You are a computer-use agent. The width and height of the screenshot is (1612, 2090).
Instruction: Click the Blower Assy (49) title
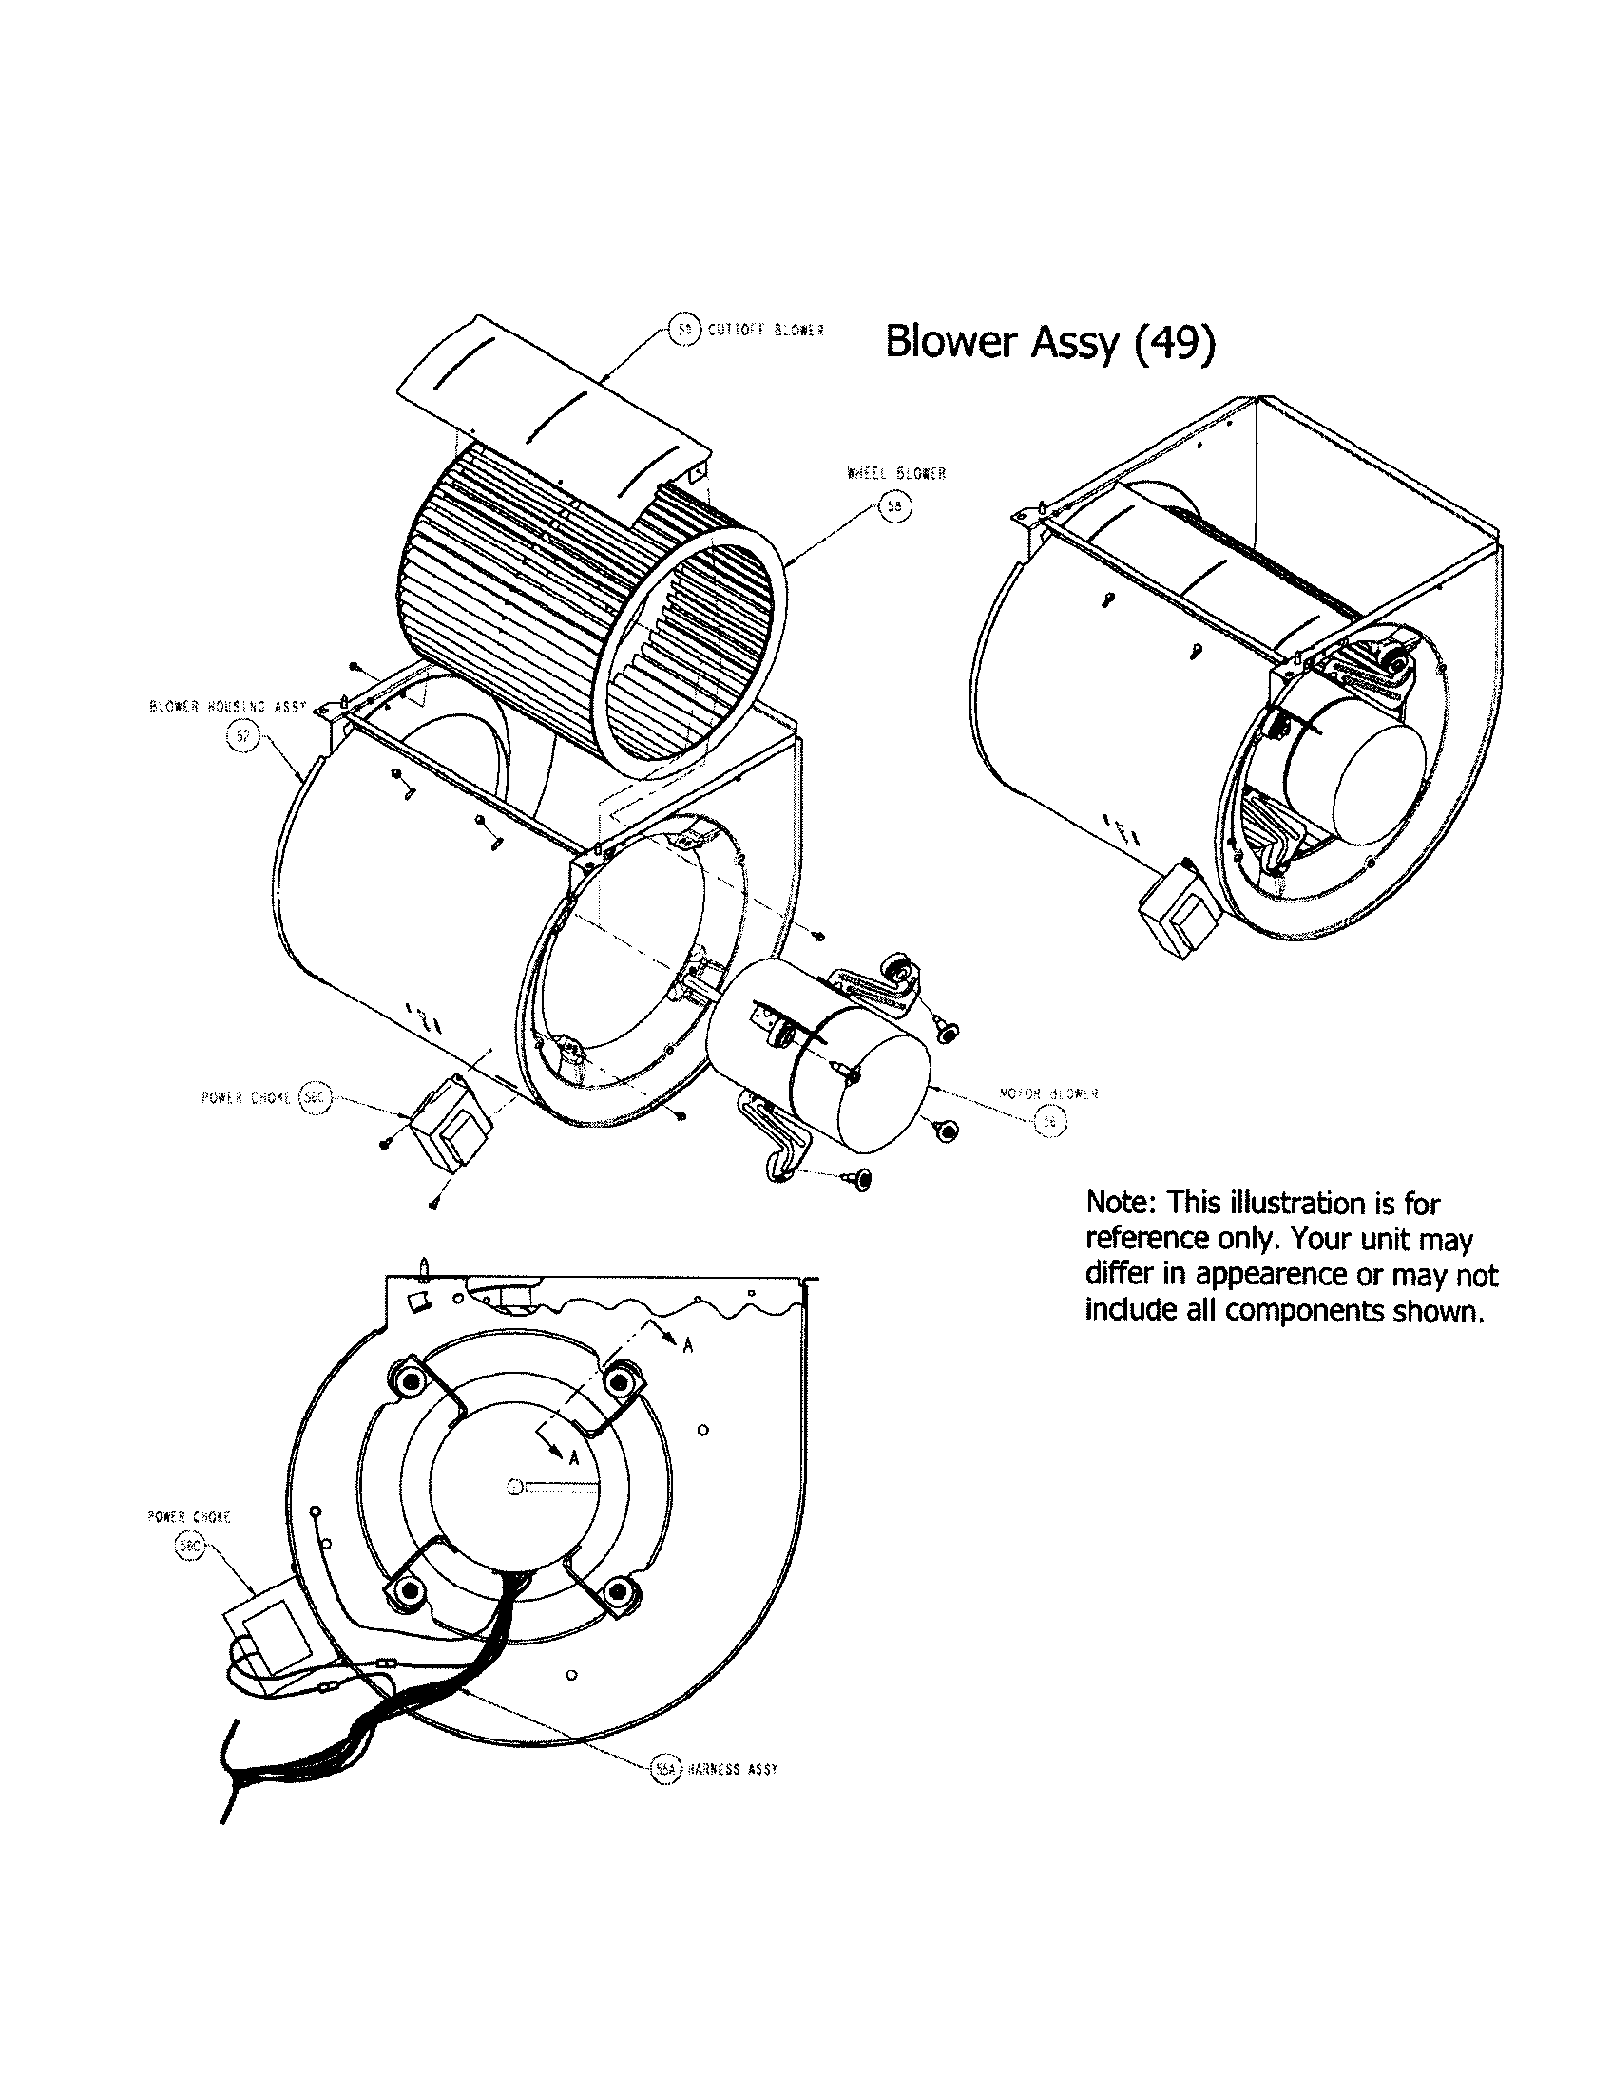(x=1050, y=342)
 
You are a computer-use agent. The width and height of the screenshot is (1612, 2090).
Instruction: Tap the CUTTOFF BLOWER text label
(x=766, y=330)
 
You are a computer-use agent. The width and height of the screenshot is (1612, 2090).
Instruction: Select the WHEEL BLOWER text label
(x=896, y=474)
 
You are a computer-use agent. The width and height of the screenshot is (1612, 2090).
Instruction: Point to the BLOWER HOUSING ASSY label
(x=227, y=707)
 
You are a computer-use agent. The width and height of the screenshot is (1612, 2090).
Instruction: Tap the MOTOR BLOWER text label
(x=1048, y=1092)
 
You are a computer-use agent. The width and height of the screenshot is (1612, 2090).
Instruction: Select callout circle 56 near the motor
(x=1050, y=1123)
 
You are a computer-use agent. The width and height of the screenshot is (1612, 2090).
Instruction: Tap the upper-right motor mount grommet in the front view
(x=621, y=1380)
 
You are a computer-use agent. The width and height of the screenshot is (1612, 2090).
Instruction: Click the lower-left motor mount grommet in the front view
(x=412, y=1590)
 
